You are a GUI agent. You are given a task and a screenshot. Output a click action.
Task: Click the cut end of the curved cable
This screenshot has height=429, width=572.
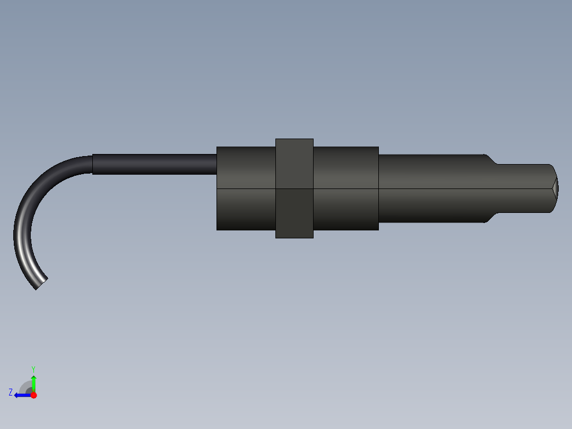[41, 284]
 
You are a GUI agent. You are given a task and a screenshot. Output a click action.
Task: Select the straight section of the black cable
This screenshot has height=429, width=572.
[154, 164]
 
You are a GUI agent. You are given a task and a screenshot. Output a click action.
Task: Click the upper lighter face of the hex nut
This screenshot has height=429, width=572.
[294, 164]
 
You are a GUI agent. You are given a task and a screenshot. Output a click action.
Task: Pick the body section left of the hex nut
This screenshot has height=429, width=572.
[246, 188]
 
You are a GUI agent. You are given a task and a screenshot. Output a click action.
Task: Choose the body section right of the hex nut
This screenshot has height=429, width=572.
[346, 188]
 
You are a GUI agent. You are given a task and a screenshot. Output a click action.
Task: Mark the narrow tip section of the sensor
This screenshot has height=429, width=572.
[523, 188]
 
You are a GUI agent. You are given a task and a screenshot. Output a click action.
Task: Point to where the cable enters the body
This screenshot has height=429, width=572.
[217, 164]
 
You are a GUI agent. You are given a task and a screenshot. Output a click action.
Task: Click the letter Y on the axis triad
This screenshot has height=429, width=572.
[33, 368]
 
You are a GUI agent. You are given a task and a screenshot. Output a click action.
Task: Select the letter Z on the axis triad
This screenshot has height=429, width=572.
[11, 392]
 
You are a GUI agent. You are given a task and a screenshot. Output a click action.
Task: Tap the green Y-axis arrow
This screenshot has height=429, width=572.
[33, 382]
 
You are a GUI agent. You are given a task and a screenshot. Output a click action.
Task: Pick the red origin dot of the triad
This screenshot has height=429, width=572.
[33, 395]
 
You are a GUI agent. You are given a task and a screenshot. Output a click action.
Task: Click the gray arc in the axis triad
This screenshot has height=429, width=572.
[24, 386]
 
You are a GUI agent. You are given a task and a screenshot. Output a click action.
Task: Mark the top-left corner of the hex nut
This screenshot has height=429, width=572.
[276, 139]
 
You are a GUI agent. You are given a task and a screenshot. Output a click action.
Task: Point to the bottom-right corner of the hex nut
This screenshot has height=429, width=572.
[313, 238]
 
